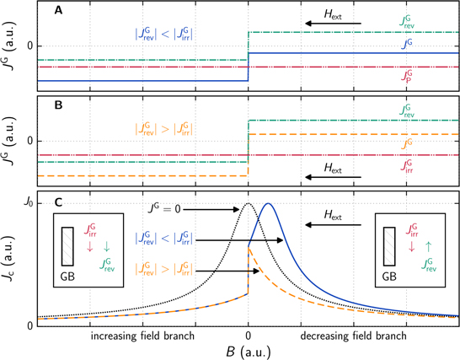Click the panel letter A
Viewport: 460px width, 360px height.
(56, 13)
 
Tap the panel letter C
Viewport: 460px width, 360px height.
(57, 203)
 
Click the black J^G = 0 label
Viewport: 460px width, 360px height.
(152, 209)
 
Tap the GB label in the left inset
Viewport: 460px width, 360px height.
(70, 275)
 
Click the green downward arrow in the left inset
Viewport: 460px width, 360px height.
(106, 247)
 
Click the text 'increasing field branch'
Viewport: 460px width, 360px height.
(142, 336)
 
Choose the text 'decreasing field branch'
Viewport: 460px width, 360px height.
(354, 336)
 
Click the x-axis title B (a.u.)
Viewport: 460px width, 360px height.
(248, 352)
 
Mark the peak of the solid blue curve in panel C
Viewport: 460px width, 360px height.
(268, 204)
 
